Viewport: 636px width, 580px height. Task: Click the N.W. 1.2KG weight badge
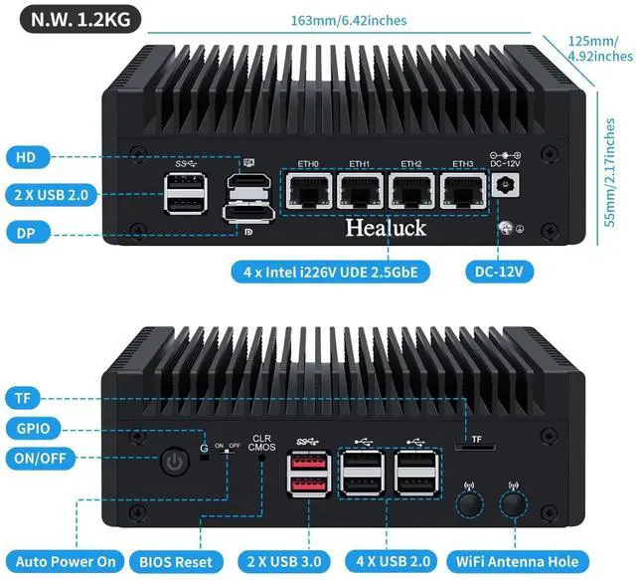[x=72, y=19]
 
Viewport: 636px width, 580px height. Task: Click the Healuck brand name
[x=385, y=228]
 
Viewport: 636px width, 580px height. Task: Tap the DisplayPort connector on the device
[x=247, y=215]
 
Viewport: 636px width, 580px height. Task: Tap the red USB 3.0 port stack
[x=305, y=475]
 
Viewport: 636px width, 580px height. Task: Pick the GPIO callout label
[x=41, y=429]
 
